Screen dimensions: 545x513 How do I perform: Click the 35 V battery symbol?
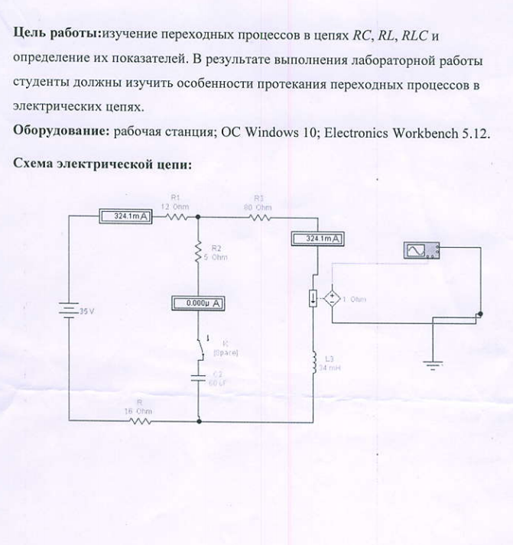coord(69,311)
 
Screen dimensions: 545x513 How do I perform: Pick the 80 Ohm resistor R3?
coord(259,216)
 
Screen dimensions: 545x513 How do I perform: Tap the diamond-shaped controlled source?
coord(333,299)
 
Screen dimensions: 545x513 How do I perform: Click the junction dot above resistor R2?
coord(199,216)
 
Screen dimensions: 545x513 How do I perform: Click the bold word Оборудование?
coord(60,131)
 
